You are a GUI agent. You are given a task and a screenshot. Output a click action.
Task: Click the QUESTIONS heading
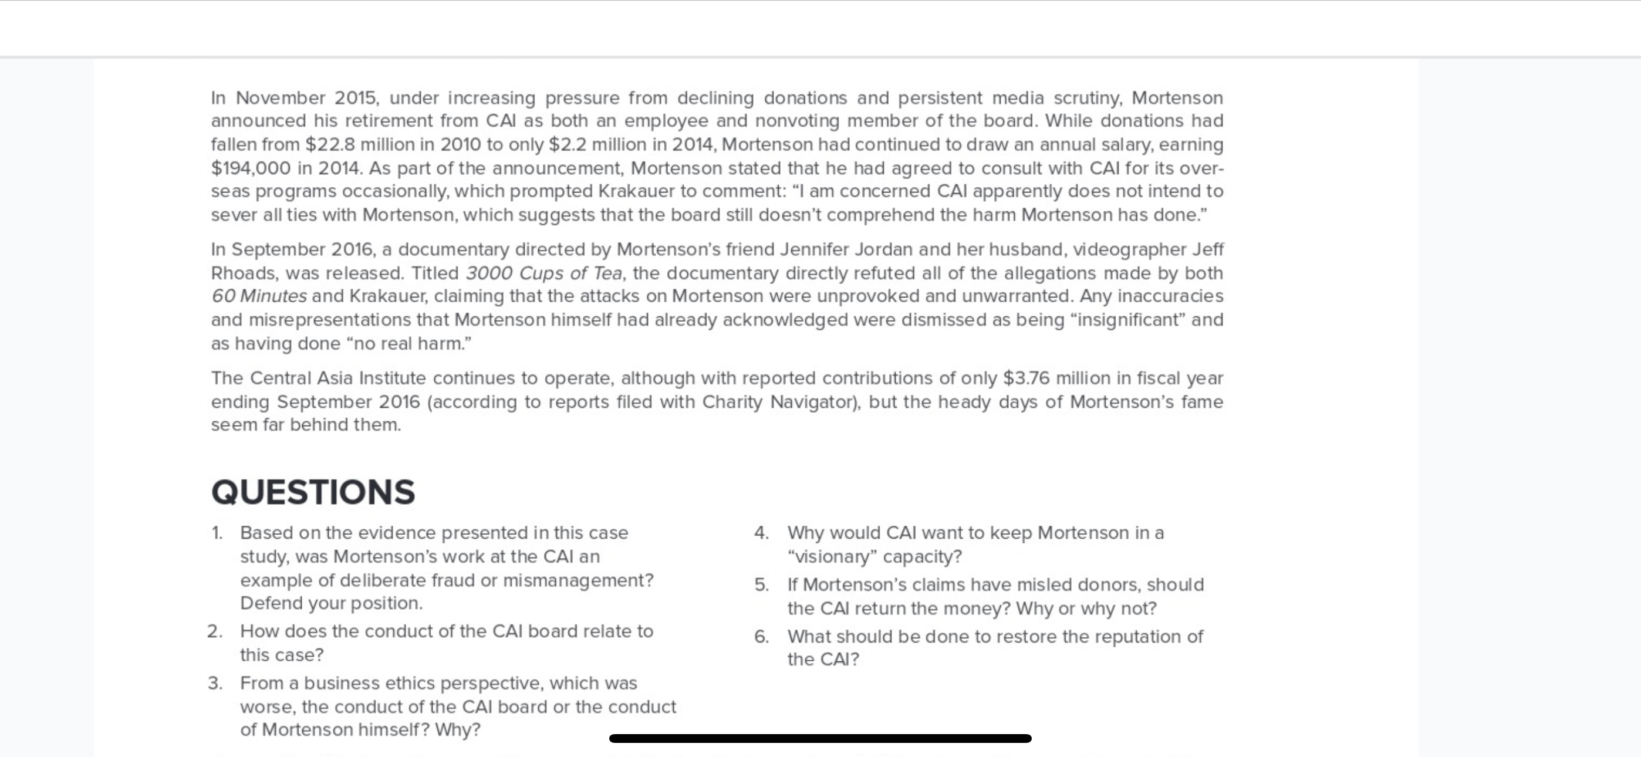coord(313,492)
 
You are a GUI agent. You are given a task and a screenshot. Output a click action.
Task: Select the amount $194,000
coord(251,168)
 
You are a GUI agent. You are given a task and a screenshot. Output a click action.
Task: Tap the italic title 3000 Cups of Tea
coord(543,273)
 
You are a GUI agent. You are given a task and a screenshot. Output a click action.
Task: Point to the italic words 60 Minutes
coord(259,296)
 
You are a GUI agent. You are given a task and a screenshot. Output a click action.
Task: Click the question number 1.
coord(217,533)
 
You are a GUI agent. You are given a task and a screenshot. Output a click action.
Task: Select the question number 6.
coord(761,637)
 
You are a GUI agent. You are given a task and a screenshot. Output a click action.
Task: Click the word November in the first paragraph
coord(281,98)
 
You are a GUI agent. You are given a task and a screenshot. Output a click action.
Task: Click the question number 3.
coord(215,683)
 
